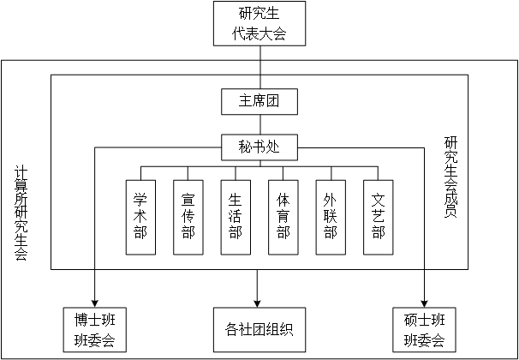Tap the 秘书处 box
(x=259, y=147)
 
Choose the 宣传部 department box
(x=188, y=217)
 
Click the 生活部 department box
(x=236, y=217)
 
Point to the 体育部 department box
(x=283, y=217)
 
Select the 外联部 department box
(x=331, y=217)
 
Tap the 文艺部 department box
(x=379, y=217)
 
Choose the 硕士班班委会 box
(x=425, y=329)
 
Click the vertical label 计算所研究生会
(x=21, y=213)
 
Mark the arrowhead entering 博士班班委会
(x=94, y=301)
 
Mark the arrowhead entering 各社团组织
(x=258, y=301)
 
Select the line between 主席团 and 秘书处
(x=259, y=125)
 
